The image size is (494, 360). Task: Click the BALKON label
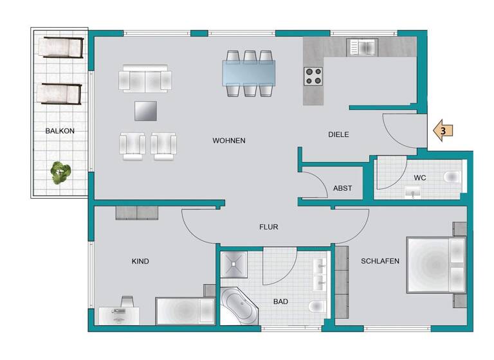[60, 131]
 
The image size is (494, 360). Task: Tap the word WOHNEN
[229, 141]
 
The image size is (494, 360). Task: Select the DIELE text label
[338, 135]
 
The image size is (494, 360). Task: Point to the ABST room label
[342, 188]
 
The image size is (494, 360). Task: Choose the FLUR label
[268, 227]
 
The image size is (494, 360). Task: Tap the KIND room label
[140, 262]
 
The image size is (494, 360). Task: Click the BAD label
[280, 301]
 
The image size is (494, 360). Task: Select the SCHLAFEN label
[380, 261]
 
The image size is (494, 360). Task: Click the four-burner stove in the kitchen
[313, 77]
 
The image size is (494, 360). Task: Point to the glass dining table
[249, 73]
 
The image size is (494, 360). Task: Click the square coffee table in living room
[145, 111]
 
